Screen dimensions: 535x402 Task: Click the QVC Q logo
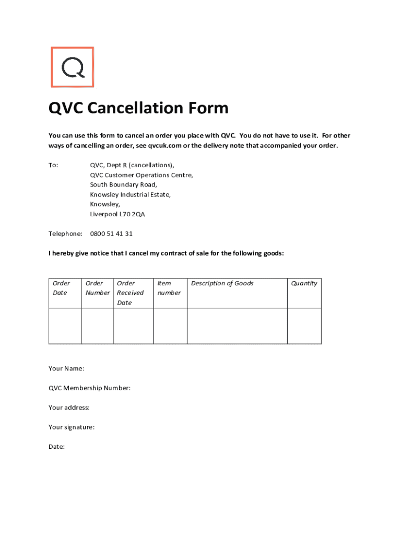click(x=73, y=67)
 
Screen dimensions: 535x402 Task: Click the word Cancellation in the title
click(x=135, y=108)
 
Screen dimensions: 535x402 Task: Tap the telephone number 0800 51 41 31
click(x=111, y=234)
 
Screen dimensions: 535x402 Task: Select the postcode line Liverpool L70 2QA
click(x=117, y=214)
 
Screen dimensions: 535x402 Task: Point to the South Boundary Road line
click(x=123, y=184)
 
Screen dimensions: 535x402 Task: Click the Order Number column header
click(x=98, y=288)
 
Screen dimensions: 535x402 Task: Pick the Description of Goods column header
click(x=222, y=283)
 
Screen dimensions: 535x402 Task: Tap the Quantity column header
click(x=304, y=283)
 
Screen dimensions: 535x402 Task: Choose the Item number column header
click(x=169, y=288)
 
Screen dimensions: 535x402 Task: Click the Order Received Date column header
click(x=130, y=293)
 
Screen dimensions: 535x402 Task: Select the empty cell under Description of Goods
click(x=237, y=325)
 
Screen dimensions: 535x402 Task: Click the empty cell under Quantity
click(x=304, y=325)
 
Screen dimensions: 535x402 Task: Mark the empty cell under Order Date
click(x=65, y=325)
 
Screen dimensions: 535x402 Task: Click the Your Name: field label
click(x=66, y=368)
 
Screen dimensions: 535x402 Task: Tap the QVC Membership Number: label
click(x=89, y=388)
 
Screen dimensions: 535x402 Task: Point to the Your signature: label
click(x=72, y=427)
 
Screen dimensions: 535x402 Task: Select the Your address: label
click(x=69, y=408)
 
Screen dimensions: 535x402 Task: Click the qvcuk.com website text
click(x=165, y=146)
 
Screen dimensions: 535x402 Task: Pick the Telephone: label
click(x=65, y=234)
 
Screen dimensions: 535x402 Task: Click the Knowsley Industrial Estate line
click(x=130, y=194)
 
